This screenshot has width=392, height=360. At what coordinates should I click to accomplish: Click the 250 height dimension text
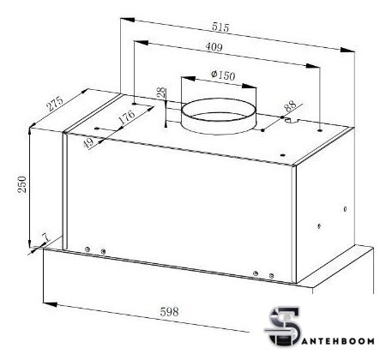click(x=21, y=185)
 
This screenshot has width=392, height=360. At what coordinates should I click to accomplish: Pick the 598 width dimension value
click(x=169, y=312)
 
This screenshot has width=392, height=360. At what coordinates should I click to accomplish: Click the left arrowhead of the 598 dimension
click(x=46, y=302)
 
